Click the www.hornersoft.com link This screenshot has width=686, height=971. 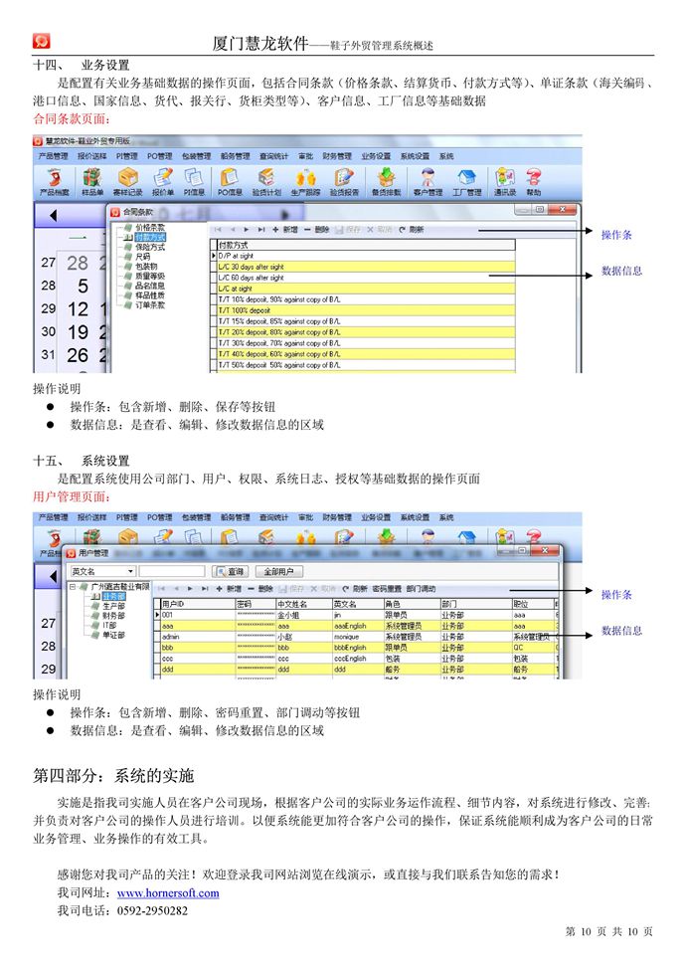168,892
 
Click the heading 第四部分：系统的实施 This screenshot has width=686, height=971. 113,774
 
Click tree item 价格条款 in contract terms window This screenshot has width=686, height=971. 150,228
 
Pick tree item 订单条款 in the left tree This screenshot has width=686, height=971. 150,304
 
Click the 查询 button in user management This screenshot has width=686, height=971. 232,572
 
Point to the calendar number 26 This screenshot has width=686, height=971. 78,355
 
